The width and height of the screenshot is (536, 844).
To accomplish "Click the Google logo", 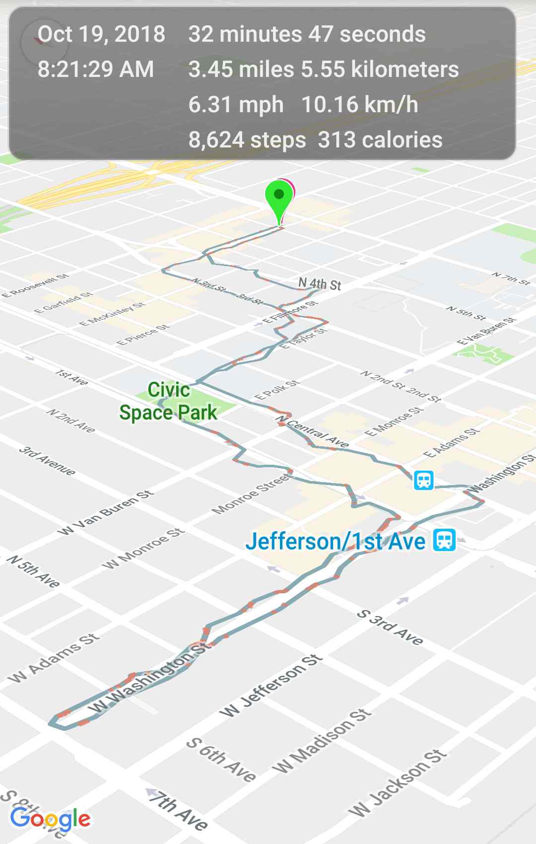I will coord(50,818).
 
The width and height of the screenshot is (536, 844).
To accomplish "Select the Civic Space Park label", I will coord(168,401).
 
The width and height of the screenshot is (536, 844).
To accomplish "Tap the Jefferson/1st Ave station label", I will coord(335,541).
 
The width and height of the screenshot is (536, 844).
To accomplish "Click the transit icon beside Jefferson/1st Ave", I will coord(444,540).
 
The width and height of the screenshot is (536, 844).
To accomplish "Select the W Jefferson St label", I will coord(271,686).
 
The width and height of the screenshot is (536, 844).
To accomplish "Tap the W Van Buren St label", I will coord(105,513).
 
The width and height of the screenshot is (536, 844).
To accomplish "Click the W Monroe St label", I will coord(143,549).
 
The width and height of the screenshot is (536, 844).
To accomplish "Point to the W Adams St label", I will coord(54,658).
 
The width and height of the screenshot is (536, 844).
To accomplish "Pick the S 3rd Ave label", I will coord(390,628).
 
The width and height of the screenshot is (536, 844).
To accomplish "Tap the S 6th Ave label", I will coord(221,760).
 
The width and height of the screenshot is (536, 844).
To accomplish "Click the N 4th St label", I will coord(320,284).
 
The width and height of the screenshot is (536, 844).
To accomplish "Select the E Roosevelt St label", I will coord(35,285).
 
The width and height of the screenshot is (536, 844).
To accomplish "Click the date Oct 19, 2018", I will coord(101,34).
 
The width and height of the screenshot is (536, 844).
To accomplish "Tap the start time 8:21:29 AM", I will coord(96,69).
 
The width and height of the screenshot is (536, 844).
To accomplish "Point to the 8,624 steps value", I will coord(247,140).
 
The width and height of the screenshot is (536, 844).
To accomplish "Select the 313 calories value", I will coord(380,140).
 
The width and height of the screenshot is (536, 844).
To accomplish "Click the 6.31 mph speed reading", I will coord(236,105).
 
